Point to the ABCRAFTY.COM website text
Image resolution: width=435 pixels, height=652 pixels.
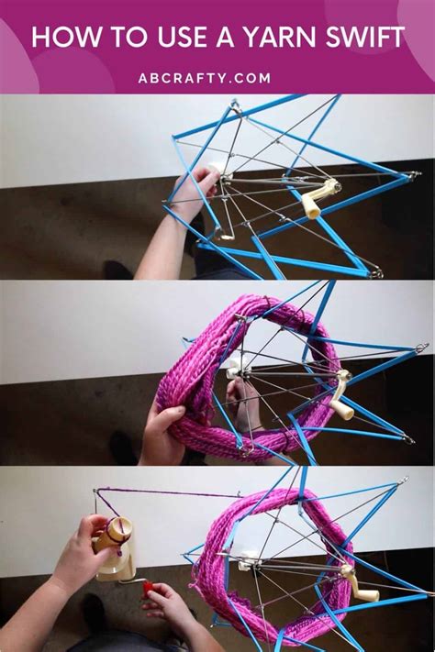pyautogui.click(x=205, y=78)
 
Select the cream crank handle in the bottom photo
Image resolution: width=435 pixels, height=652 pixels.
pyautogui.click(x=361, y=583)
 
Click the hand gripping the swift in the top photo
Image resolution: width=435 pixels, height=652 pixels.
pyautogui.click(x=195, y=191)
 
